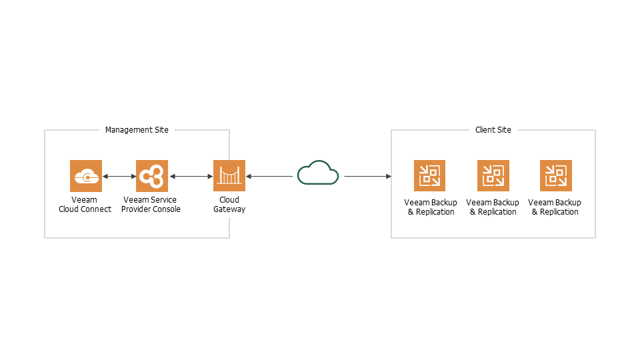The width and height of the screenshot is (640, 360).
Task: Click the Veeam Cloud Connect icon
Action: tap(86, 176)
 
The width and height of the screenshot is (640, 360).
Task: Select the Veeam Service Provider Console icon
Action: tap(152, 176)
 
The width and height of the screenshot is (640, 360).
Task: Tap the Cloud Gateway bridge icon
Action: tap(229, 176)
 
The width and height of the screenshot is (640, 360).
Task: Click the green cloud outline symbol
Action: tap(318, 173)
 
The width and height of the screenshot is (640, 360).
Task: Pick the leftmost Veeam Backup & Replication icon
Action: tap(429, 176)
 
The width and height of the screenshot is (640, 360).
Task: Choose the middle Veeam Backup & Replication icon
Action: tap(493, 176)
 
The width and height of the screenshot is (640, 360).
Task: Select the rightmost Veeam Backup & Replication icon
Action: tap(556, 176)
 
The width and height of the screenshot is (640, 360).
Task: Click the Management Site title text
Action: tap(137, 130)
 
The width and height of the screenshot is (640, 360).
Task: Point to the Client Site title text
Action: tap(493, 130)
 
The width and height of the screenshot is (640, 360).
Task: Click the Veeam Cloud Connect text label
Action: tap(84, 205)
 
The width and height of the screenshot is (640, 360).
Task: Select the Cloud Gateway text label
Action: tap(229, 205)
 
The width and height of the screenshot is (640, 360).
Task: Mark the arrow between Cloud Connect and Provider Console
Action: tap(119, 177)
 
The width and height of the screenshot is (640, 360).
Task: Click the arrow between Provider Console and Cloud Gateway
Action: tap(191, 177)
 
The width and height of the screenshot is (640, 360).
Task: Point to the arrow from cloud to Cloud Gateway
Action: tap(269, 177)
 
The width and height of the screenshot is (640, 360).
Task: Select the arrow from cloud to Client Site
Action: tap(367, 177)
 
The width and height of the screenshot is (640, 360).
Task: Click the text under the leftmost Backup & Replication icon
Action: tap(431, 207)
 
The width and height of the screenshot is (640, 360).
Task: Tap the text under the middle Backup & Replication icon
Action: tap(493, 207)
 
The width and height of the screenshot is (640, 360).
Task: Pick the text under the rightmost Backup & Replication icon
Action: tap(555, 207)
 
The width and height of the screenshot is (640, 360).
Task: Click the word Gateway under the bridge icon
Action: tap(229, 209)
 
